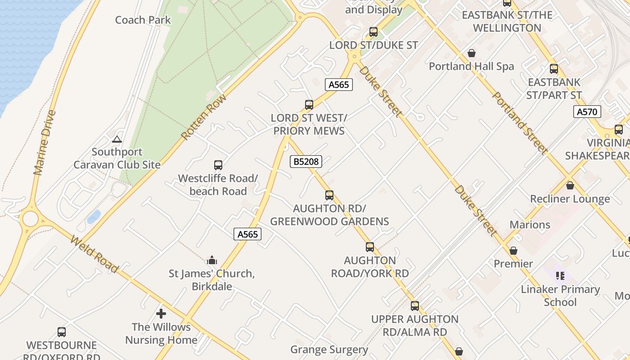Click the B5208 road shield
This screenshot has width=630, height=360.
(306, 161)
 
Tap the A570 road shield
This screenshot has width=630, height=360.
(587, 112)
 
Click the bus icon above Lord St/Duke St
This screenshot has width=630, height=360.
(373, 32)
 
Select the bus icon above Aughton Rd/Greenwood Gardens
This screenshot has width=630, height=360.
(329, 195)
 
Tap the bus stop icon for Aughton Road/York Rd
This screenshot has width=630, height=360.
(370, 247)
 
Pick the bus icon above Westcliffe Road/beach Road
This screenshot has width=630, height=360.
(218, 165)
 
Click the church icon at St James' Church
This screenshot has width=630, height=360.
(212, 260)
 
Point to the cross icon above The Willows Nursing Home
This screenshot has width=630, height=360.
(161, 314)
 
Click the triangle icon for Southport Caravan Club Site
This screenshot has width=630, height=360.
(117, 139)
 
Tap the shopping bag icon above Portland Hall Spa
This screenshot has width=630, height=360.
(472, 53)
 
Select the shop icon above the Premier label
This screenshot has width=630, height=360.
(513, 251)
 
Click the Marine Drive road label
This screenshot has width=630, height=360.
(45, 143)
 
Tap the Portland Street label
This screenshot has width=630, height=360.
(520, 122)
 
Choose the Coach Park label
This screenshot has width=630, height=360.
(143, 20)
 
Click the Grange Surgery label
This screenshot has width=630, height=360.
(329, 350)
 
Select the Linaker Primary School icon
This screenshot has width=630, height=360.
(560, 275)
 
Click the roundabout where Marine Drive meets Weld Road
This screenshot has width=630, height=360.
(30, 219)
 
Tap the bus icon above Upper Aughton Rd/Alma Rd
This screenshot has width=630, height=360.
(415, 306)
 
